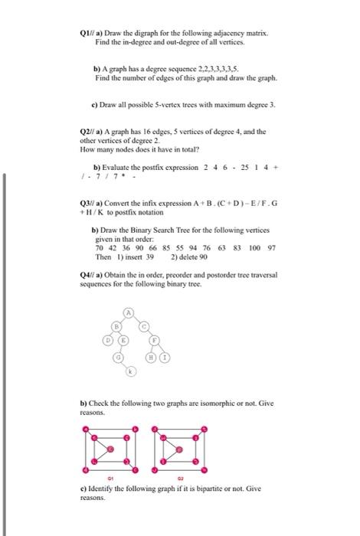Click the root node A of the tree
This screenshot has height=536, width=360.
tap(129, 313)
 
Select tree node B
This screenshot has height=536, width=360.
tap(117, 326)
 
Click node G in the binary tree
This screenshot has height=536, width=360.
tap(119, 357)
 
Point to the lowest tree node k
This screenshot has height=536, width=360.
tap(130, 371)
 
